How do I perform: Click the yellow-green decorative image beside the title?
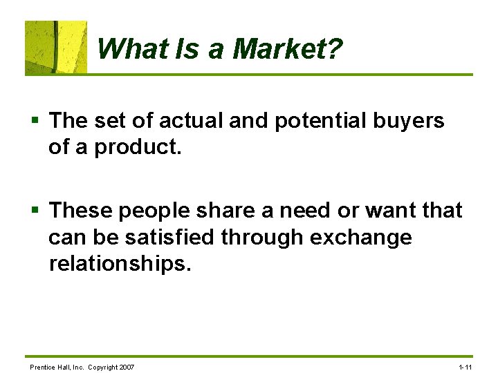click(x=56, y=47)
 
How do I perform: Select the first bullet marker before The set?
click(x=35, y=122)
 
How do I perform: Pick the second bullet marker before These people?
click(x=35, y=210)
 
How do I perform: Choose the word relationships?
click(x=118, y=263)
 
